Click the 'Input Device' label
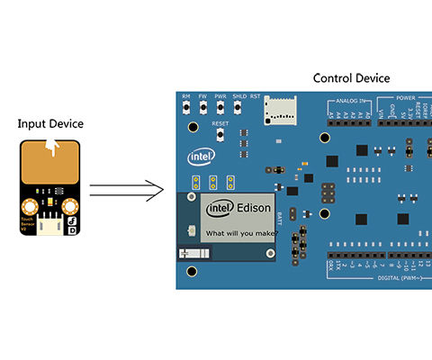52,123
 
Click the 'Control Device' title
351,78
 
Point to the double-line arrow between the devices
126,190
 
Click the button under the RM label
186,108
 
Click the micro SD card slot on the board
281,112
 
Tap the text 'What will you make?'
241,233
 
